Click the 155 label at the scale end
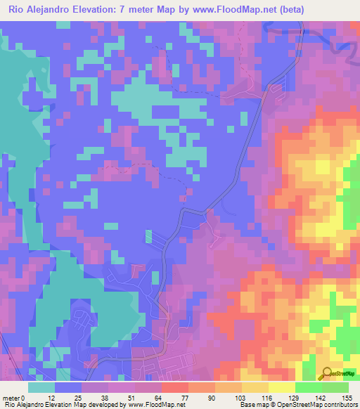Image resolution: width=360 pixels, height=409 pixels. point(347,398)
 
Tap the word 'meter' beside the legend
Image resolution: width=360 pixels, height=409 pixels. point(13,398)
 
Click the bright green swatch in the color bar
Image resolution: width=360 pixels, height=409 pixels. point(308,387)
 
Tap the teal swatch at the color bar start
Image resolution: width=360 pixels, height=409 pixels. point(41,387)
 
